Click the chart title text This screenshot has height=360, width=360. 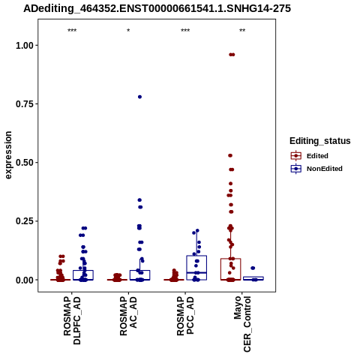pos(157,8)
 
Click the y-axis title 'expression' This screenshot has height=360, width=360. pos(8,155)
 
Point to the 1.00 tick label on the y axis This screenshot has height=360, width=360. pos(25,46)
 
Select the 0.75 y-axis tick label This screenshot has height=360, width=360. pos(25,104)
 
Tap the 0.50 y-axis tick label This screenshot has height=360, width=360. pos(25,163)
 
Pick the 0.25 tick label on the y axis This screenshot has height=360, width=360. pos(25,221)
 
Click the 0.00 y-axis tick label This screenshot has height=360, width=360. pos(25,280)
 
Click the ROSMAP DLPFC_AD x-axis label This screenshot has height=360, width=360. pos(72,320)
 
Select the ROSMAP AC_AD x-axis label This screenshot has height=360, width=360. pos(128,316)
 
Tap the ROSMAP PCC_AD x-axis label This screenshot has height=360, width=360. pos(185,316)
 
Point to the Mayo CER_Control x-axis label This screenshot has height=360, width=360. pos(242,324)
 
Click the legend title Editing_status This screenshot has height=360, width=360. pos(320,141)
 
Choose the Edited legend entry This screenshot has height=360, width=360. pos(310,156)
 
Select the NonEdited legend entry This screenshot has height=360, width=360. pos(316,169)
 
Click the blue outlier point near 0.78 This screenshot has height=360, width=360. pos(139,97)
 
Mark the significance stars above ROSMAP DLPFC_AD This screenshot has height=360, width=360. pos(72,31)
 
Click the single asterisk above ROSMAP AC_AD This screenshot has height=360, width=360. pos(128,31)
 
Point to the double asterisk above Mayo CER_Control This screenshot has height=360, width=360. pos(242,31)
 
